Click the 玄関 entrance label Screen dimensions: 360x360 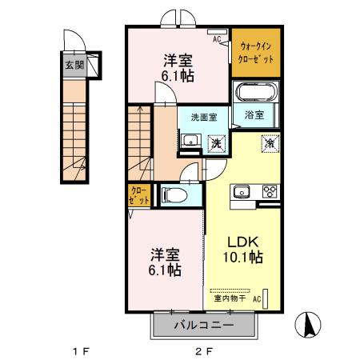tap(73, 66)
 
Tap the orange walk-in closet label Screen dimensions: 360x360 tap(255, 54)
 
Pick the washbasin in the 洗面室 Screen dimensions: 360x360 tap(189, 141)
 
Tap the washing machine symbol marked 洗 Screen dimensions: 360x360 tap(215, 143)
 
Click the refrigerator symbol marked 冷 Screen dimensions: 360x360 tap(270, 145)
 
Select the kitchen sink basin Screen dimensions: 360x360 tap(242, 191)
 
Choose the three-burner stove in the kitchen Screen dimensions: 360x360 tap(268, 191)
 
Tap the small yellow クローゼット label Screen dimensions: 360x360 tap(138, 196)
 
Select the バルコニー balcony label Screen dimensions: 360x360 tap(203, 326)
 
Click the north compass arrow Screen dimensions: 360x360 tap(306, 326)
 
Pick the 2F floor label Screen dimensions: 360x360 tap(203, 350)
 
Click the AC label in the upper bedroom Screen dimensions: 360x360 tap(217, 36)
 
